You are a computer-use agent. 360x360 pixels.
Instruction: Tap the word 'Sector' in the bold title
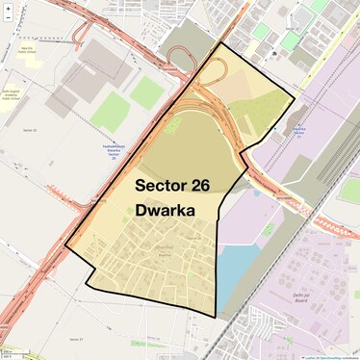point(160,184)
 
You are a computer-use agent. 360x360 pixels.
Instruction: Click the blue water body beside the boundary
point(237,274)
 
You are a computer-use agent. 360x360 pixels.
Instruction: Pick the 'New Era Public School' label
point(26,48)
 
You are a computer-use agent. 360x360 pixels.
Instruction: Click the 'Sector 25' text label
point(28,129)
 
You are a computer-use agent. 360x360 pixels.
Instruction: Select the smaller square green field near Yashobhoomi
point(146,92)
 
